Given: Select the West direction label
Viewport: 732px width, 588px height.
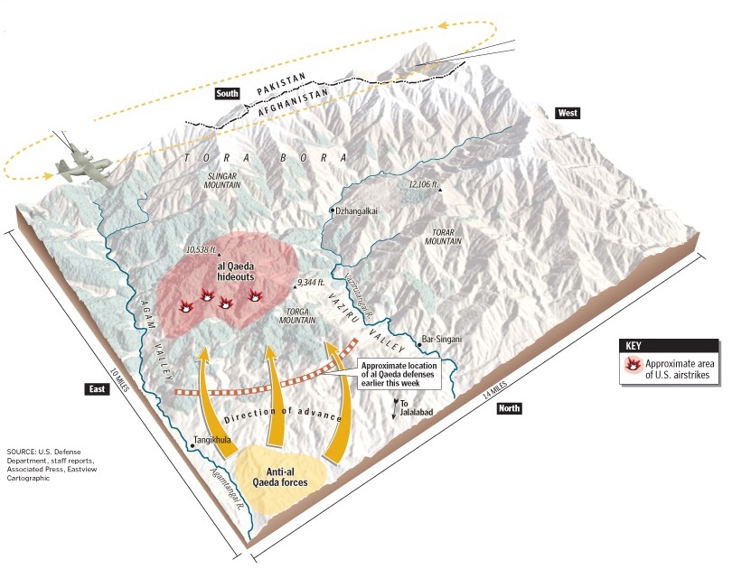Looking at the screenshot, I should pos(568,113).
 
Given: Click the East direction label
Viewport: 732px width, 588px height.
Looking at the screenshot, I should pos(98,388).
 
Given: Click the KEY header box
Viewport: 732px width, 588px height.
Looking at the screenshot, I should pos(670,345).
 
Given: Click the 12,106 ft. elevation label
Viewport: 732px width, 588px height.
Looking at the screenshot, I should pos(424,184).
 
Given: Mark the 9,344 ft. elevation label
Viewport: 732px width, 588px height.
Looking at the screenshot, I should pos(316,283).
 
